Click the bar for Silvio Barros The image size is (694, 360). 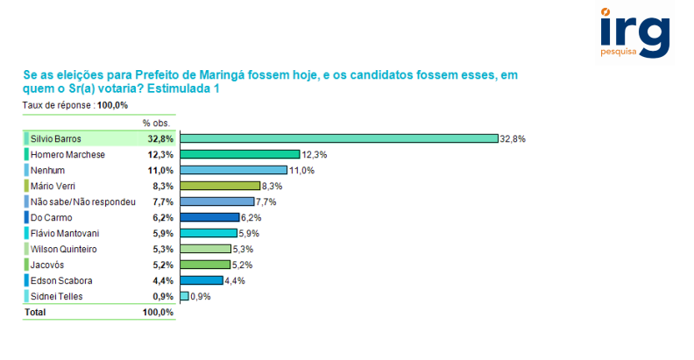click(338, 138)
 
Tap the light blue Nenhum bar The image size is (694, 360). click(234, 170)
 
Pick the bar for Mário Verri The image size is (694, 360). click(220, 186)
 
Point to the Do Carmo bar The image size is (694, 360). click(209, 217)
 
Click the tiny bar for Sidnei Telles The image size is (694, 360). click(184, 296)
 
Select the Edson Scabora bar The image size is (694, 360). click(202, 280)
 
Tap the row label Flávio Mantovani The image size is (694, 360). click(64, 233)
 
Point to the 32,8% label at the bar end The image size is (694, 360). click(512, 139)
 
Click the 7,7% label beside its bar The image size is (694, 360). click(266, 202)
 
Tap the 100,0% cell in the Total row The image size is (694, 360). click(159, 312)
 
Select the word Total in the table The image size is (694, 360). click(34, 312)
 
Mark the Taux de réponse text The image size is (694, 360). click(59, 105)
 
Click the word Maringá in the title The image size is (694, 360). click(223, 75)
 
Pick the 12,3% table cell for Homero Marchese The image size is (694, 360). click(161, 154)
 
